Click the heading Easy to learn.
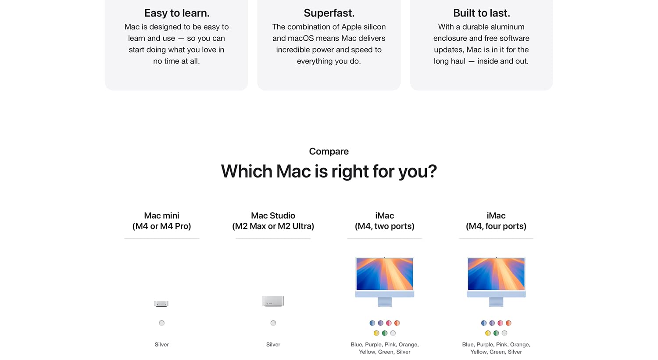[176, 13]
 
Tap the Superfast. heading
[329, 13]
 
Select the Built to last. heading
[482, 13]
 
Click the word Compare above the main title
[329, 151]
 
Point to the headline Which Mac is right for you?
[329, 171]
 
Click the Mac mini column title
[161, 221]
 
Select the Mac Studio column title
[273, 221]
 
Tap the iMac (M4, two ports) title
[385, 221]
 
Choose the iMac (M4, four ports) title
[496, 221]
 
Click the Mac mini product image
[161, 303]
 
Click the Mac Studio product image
[273, 301]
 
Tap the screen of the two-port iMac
[385, 274]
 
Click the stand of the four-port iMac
[496, 302]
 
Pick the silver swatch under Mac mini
[161, 323]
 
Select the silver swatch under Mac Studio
[273, 323]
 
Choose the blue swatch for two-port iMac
[372, 323]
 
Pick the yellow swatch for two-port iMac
[376, 333]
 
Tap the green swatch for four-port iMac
[496, 333]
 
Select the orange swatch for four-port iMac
[508, 323]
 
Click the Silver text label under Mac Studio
[273, 345]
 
